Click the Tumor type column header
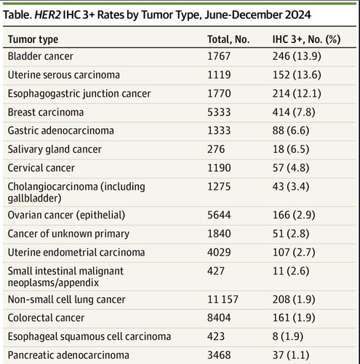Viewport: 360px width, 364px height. [33, 39]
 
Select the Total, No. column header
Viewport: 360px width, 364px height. [228, 39]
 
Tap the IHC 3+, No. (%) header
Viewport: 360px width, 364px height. [306, 39]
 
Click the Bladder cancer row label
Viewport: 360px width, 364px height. [41, 56]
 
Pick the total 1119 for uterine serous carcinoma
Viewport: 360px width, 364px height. [219, 75]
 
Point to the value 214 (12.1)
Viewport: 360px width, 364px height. [297, 93]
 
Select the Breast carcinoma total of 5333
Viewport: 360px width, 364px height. [219, 112]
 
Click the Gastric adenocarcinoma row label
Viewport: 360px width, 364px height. [61, 130]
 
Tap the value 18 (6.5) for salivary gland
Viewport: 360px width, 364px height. [291, 149]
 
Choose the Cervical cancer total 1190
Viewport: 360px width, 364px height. [219, 168]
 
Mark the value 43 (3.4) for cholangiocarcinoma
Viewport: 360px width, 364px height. [291, 186]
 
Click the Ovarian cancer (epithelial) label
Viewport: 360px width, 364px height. [66, 215]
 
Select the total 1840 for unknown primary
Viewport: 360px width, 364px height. [219, 234]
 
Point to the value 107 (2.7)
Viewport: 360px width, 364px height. [294, 253]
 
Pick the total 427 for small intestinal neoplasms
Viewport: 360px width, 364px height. [216, 271]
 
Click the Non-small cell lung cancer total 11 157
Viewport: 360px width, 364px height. [223, 299]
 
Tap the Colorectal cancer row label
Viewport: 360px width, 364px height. [46, 318]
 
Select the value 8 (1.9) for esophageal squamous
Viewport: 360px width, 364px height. [288, 337]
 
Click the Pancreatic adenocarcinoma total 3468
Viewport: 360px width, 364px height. [219, 355]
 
